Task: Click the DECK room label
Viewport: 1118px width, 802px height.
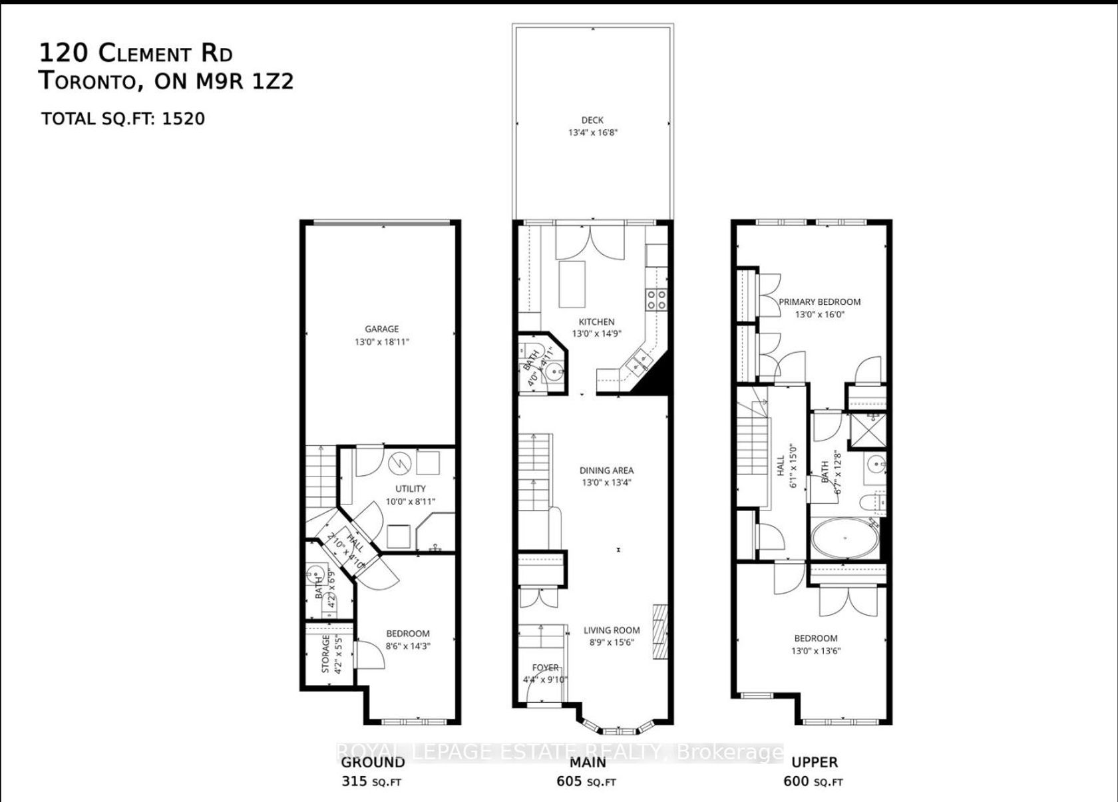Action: (x=592, y=120)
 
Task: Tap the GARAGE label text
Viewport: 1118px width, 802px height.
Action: (x=382, y=329)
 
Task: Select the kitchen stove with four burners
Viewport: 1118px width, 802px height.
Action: (x=656, y=300)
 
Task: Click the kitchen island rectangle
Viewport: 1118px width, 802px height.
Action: (x=572, y=284)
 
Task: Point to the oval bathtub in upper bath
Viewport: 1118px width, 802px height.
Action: (x=844, y=539)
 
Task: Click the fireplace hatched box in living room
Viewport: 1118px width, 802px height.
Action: (x=660, y=632)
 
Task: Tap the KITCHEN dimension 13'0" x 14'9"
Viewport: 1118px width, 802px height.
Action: (x=596, y=334)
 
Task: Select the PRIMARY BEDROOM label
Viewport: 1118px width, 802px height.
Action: (x=820, y=301)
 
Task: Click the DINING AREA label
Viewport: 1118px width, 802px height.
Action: (x=606, y=470)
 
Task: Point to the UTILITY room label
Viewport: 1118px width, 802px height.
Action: (x=410, y=489)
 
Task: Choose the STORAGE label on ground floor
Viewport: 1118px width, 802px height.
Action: (x=325, y=654)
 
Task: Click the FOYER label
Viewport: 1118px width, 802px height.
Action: (x=545, y=668)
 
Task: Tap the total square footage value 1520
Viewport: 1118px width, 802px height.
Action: (x=183, y=118)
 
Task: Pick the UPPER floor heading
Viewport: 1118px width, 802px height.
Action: (x=815, y=762)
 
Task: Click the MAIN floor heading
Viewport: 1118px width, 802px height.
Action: (x=588, y=762)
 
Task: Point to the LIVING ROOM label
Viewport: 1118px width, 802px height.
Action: (x=612, y=630)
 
